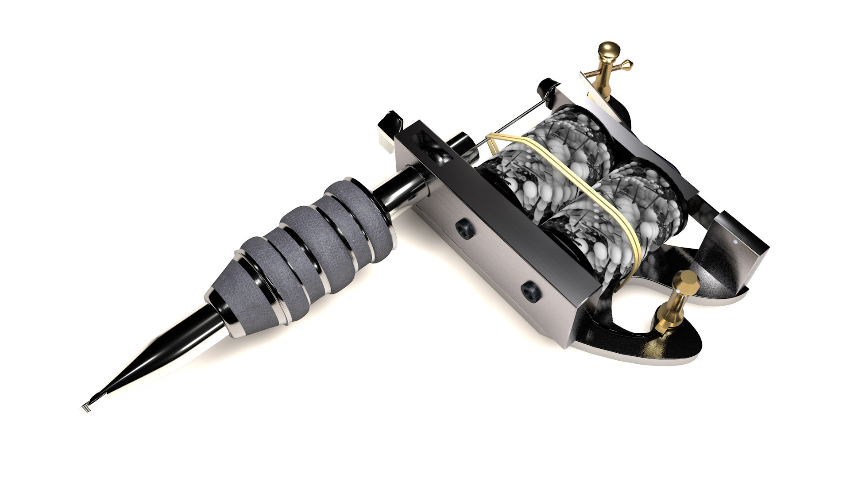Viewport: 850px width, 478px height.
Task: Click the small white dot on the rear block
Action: (735, 242)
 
